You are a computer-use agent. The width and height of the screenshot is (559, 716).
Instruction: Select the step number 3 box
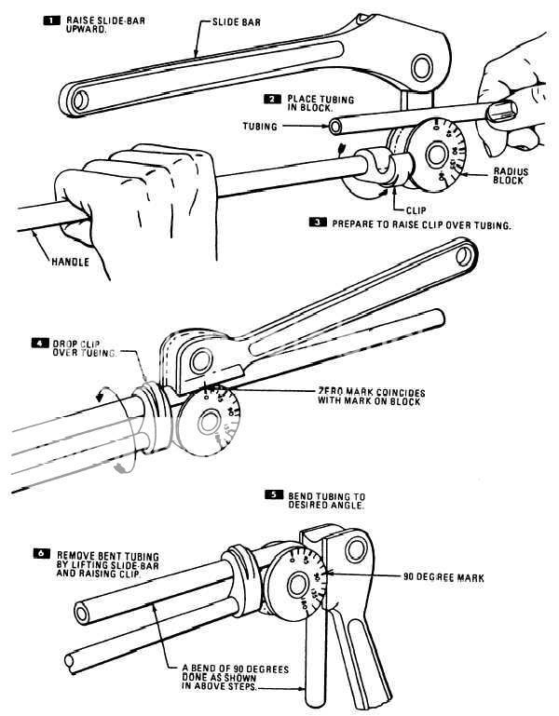320,223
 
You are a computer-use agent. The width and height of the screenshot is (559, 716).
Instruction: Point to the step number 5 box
274,494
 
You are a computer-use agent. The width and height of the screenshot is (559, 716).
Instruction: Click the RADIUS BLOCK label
509,176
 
